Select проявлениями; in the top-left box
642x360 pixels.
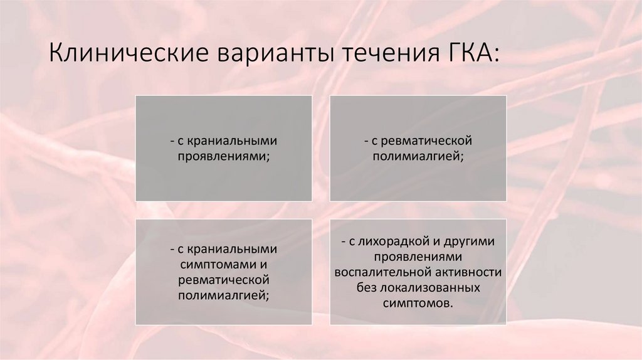[x=224, y=156]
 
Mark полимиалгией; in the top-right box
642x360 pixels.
[x=418, y=156]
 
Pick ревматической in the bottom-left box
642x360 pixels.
[x=224, y=280]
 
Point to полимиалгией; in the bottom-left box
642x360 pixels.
[x=224, y=295]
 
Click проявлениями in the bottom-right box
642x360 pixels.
[x=418, y=257]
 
